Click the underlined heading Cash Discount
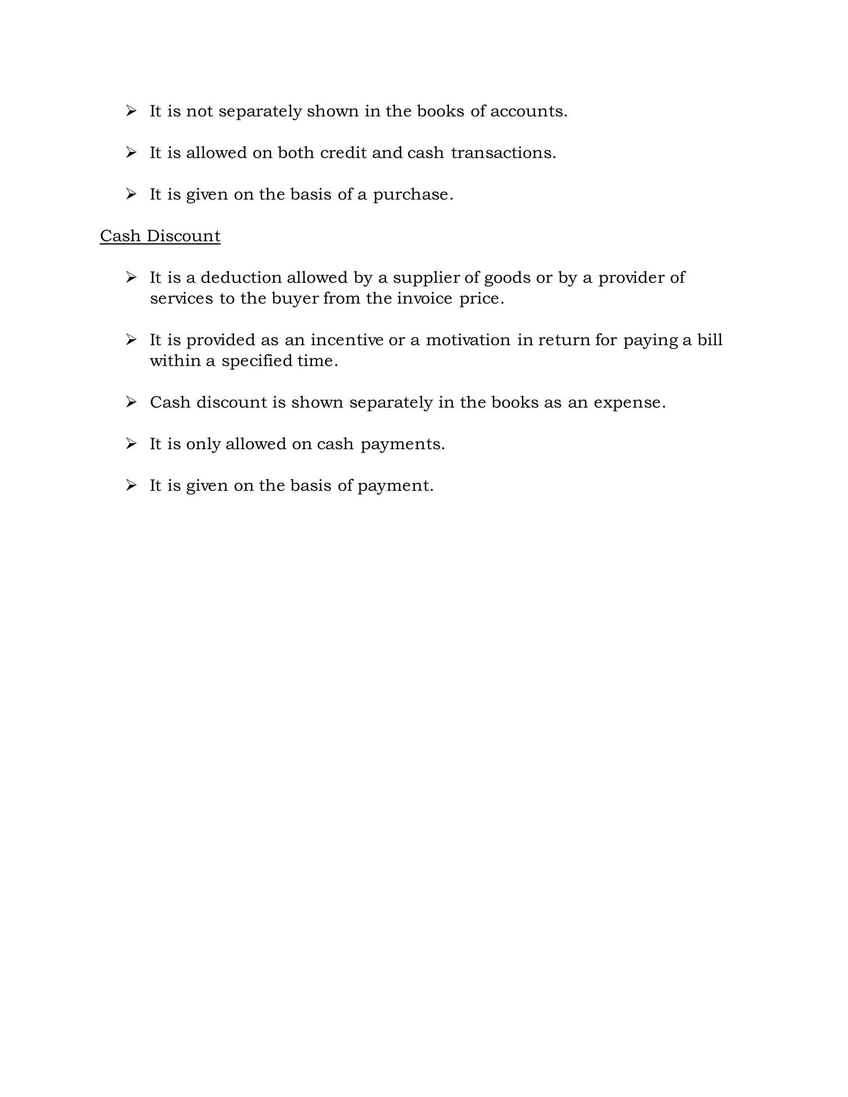(x=160, y=236)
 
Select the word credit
(x=343, y=153)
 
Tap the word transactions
(x=503, y=153)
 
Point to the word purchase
(x=412, y=195)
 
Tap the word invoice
(x=424, y=298)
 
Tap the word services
(x=181, y=298)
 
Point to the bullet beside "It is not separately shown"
(x=131, y=111)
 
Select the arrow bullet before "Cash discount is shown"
(x=131, y=402)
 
